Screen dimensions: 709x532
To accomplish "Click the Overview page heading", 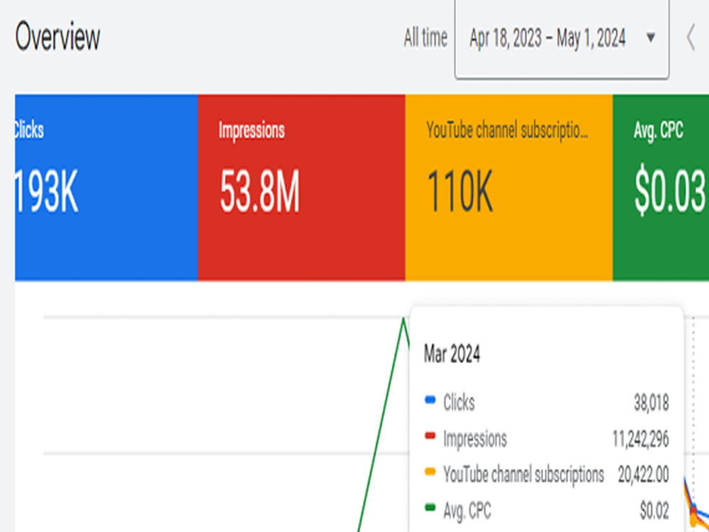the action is pyautogui.click(x=57, y=37).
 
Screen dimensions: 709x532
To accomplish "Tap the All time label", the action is pyautogui.click(x=425, y=38).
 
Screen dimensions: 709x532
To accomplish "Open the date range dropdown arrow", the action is pyautogui.click(x=651, y=38).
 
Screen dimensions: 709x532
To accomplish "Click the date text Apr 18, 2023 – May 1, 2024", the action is pyautogui.click(x=547, y=38).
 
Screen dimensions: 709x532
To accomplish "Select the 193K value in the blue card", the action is pyautogui.click(x=46, y=192).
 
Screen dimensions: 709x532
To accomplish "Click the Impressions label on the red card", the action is pyautogui.click(x=252, y=131).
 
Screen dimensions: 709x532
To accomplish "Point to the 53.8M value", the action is pyautogui.click(x=259, y=192).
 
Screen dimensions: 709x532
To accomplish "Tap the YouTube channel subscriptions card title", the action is pyautogui.click(x=508, y=131).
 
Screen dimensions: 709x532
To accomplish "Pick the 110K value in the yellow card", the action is pyautogui.click(x=460, y=192).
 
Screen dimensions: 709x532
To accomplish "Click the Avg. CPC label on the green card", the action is pyautogui.click(x=659, y=131).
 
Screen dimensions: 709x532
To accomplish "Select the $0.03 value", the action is pyautogui.click(x=670, y=192).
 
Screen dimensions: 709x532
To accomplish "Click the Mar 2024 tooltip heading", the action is pyautogui.click(x=452, y=354).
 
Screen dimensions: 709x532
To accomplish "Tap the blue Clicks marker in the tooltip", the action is pyautogui.click(x=430, y=400).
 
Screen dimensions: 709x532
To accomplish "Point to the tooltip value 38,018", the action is pyautogui.click(x=651, y=403).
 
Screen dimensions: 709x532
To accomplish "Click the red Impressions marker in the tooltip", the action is pyautogui.click(x=430, y=436).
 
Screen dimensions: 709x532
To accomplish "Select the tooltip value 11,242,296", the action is pyautogui.click(x=641, y=439).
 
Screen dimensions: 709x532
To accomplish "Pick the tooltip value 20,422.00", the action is pyautogui.click(x=644, y=475).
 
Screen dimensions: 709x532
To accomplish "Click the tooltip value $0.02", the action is pyautogui.click(x=654, y=511).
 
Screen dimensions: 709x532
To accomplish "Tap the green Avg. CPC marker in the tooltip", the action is pyautogui.click(x=430, y=508).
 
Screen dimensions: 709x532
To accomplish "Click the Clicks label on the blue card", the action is pyautogui.click(x=29, y=131).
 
